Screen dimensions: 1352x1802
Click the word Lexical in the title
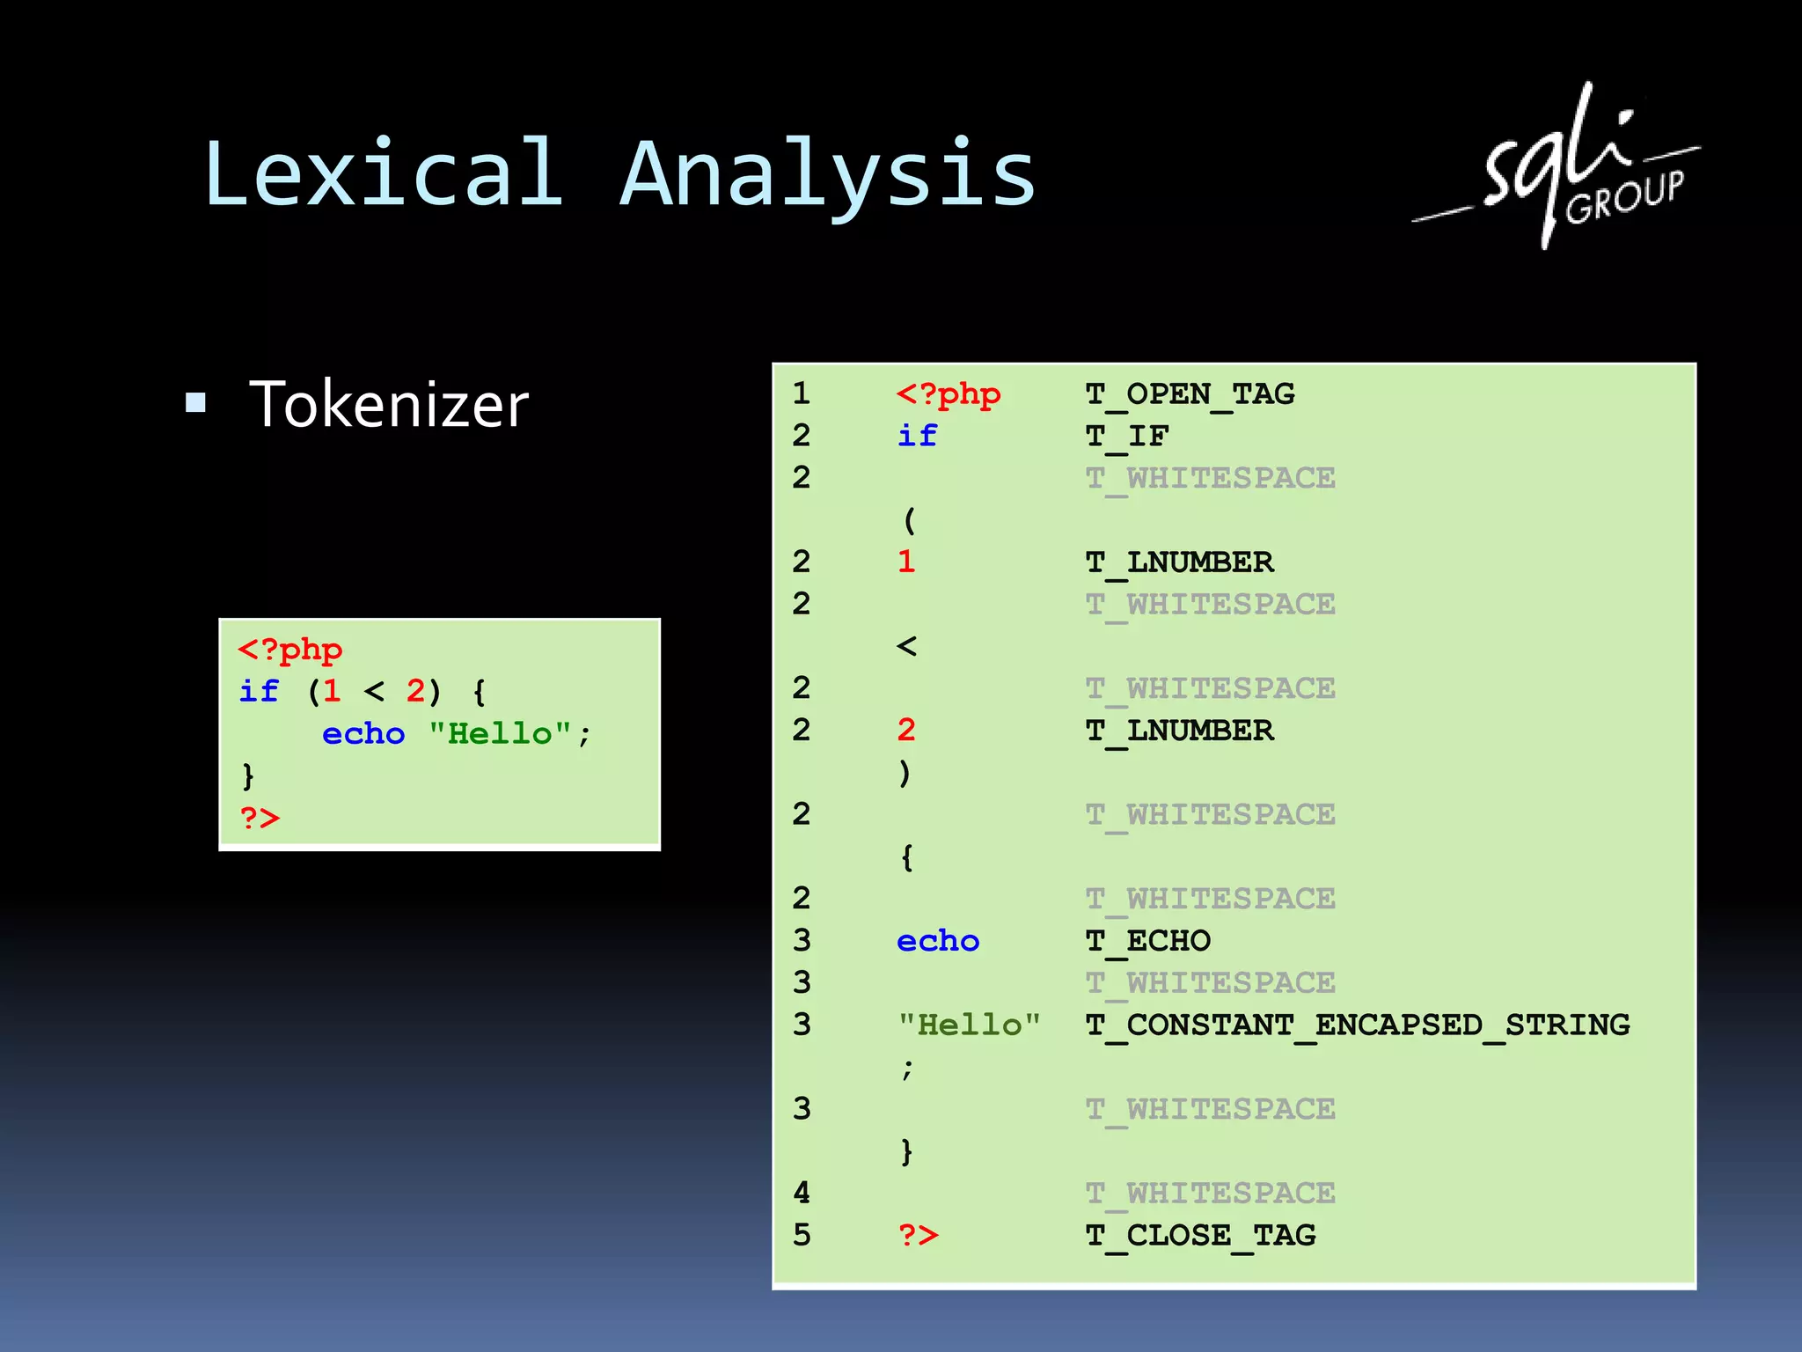tap(384, 173)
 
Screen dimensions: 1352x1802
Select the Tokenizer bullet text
tap(389, 405)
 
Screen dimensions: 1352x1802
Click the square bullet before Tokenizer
tap(195, 403)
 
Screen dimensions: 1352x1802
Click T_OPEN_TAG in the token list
tap(1190, 394)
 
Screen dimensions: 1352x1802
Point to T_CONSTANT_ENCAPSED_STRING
tap(1358, 1025)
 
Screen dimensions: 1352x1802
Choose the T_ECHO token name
tap(1148, 941)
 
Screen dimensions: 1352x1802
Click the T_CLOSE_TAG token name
tap(1200, 1236)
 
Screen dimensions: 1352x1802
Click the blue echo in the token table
tap(938, 941)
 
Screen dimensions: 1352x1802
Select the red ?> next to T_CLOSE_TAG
tap(919, 1236)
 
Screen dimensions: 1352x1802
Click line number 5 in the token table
tap(802, 1236)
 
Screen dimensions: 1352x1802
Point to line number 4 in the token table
tap(802, 1194)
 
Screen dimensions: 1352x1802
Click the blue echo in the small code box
tap(363, 734)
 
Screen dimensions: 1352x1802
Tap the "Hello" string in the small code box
tap(500, 734)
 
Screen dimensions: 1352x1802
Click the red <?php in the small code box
tap(290, 650)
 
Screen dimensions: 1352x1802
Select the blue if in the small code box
tap(259, 692)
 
